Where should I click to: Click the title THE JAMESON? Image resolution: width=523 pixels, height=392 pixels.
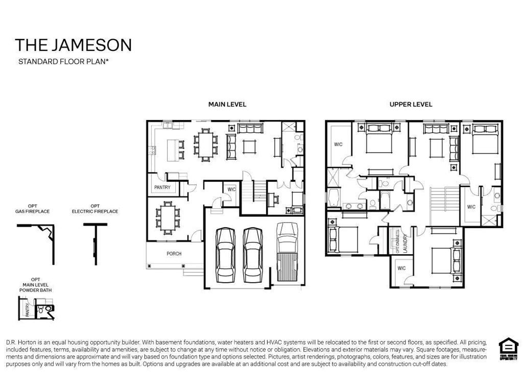[73, 45]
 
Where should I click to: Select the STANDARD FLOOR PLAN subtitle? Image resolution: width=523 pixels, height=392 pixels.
[64, 62]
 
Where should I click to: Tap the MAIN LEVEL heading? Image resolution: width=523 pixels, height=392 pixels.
[227, 104]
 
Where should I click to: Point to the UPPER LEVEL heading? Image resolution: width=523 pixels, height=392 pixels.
[411, 104]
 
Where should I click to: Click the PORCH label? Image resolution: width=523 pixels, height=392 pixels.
[174, 254]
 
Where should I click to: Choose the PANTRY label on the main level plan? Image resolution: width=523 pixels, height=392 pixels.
[162, 188]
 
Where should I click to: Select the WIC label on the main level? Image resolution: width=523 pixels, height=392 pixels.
[231, 189]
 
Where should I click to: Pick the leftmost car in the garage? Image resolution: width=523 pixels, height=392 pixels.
[225, 255]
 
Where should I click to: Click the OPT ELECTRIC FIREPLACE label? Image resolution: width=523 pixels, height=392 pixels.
[95, 209]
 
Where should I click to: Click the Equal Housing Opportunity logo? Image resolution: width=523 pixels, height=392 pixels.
[508, 350]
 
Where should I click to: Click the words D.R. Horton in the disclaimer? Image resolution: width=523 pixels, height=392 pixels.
[19, 341]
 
